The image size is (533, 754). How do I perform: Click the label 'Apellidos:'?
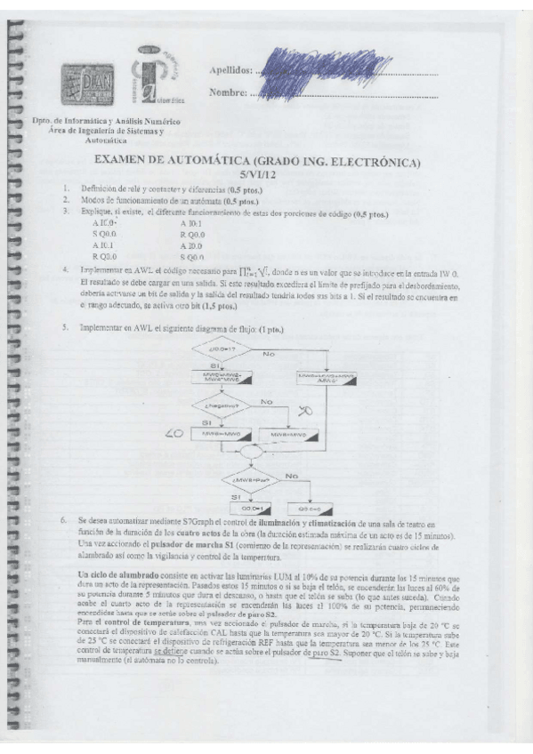click(230, 69)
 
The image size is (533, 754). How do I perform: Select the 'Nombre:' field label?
click(228, 92)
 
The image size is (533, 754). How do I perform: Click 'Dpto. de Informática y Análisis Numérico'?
click(106, 120)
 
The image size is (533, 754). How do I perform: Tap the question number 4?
click(64, 268)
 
